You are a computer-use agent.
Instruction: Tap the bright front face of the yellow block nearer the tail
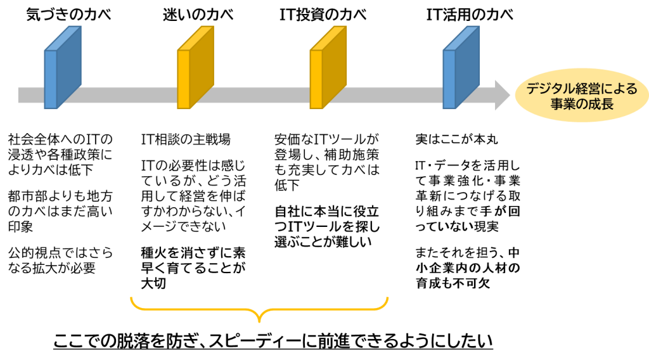pos(183,79)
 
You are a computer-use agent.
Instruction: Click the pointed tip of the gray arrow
pos(510,95)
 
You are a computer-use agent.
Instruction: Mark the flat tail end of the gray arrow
pos(19,95)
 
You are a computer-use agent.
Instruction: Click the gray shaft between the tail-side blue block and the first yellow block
pos(127,95)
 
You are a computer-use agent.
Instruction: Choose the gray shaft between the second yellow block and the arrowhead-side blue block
pos(393,95)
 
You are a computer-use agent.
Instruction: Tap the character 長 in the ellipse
pos(608,104)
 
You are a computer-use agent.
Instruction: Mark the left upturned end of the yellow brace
pos(131,298)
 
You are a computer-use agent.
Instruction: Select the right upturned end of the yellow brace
pos(387,298)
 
